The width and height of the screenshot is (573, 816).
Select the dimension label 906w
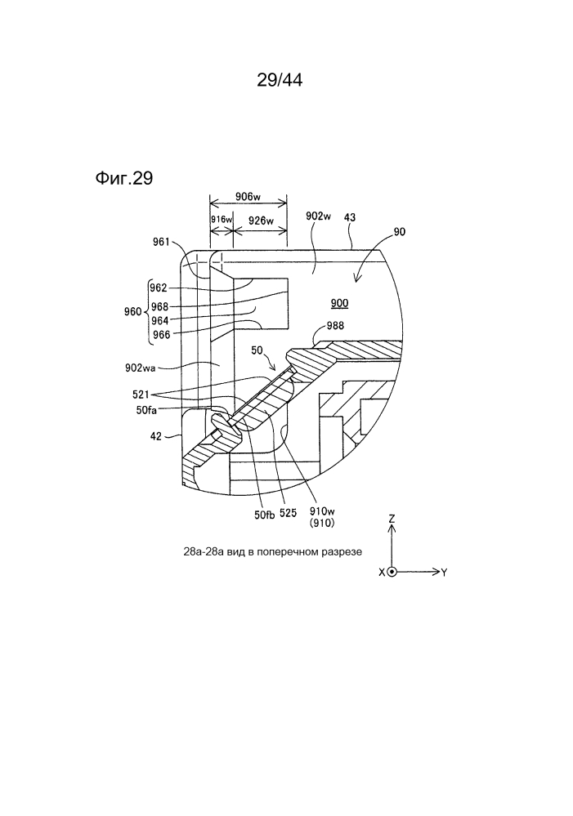point(248,196)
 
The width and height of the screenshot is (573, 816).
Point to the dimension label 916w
point(222,220)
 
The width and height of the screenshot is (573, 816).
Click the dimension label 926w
point(260,220)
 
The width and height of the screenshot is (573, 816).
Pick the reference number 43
point(350,218)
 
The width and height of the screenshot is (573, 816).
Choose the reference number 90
point(400,232)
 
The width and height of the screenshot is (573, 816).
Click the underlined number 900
point(339,303)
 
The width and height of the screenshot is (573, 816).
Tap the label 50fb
point(265,514)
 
